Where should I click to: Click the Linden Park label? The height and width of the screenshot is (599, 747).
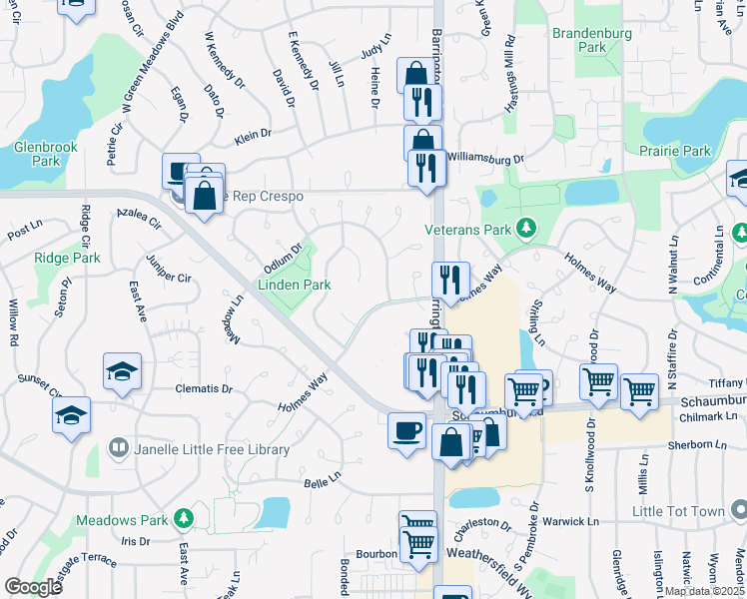(294, 285)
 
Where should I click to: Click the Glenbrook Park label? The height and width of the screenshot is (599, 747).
(46, 153)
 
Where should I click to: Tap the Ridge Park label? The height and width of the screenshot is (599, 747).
(67, 258)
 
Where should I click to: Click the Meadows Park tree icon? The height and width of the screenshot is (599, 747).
(183, 518)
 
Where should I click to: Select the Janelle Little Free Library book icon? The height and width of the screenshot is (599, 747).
(118, 448)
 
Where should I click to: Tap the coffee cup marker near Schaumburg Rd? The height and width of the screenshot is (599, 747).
(406, 431)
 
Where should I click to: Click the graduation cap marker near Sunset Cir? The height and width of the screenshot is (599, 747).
(72, 414)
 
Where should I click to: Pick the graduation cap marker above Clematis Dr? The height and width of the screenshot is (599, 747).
(122, 371)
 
